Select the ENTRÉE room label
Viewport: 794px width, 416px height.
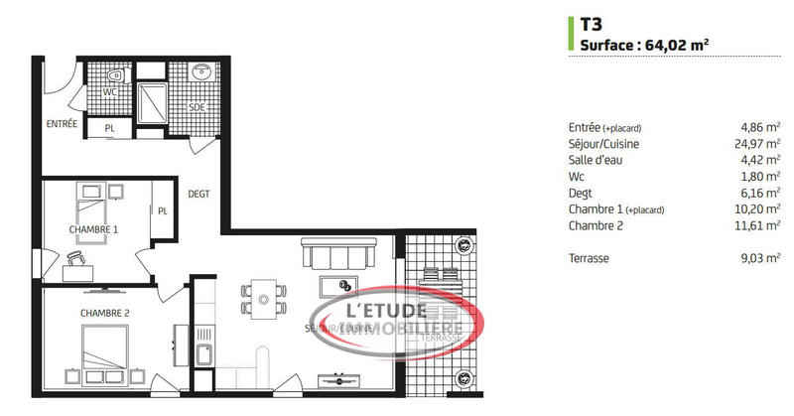point(61,124)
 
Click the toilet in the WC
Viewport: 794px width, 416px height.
point(115,74)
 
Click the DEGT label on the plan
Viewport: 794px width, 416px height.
point(198,194)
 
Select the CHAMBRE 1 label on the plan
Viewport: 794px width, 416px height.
point(93,230)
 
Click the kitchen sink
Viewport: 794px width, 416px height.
point(205,355)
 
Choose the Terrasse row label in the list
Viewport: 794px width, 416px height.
point(591,257)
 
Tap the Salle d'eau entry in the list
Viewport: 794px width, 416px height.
point(599,160)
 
